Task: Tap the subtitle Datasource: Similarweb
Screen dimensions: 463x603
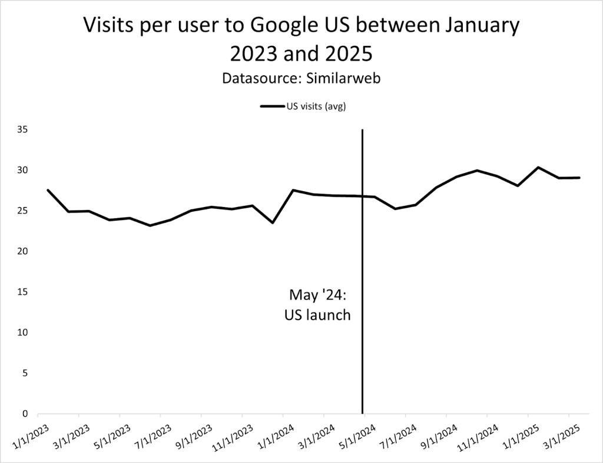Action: coord(301,78)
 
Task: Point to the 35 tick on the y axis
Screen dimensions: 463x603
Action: coord(23,129)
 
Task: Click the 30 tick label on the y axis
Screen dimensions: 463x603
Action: coord(23,170)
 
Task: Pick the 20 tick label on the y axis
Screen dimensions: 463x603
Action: coord(23,251)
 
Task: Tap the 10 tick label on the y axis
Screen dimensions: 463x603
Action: coord(23,332)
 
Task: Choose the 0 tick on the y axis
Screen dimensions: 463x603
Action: coord(25,414)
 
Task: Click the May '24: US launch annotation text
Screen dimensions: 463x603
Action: coord(317,304)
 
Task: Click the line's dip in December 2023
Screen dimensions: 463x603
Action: coord(273,222)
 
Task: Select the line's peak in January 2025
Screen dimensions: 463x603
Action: coord(538,168)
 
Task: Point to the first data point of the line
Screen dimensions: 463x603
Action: coord(48,190)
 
